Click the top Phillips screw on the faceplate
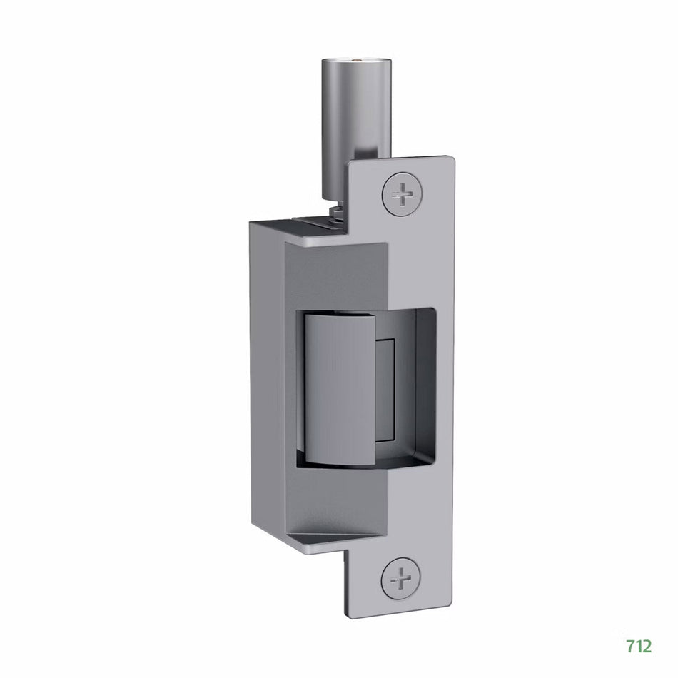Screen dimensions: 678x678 pyautogui.click(x=403, y=193)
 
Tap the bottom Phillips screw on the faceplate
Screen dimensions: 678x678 pyautogui.click(x=401, y=577)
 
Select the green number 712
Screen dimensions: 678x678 pyautogui.click(x=638, y=646)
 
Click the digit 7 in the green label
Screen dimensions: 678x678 pyautogui.click(x=630, y=646)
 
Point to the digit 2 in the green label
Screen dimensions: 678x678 pyautogui.click(x=646, y=646)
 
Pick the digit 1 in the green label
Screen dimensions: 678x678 pyautogui.click(x=638, y=646)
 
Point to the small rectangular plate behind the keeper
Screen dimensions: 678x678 pyautogui.click(x=385, y=385)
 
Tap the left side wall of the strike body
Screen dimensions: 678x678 pyautogui.click(x=265, y=385)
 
